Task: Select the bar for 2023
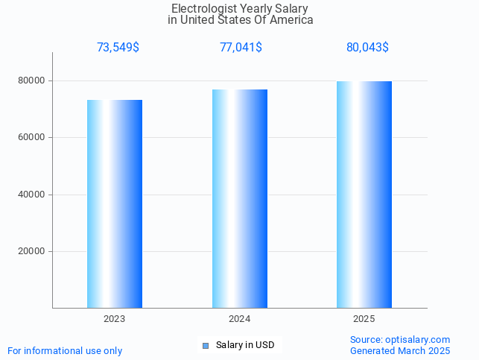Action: coord(115,203)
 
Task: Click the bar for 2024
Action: coord(240,198)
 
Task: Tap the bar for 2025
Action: coord(364,195)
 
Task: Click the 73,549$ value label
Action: coord(118,48)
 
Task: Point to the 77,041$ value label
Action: coord(241,48)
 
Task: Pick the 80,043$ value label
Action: coord(367,48)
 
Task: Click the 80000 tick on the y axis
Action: coord(32,80)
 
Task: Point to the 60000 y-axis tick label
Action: coord(32,137)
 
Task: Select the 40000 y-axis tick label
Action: coord(32,195)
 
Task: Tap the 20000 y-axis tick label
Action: coord(32,251)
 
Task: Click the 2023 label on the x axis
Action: coord(115,319)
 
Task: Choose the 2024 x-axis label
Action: coord(240,319)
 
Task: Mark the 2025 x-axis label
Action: coord(364,319)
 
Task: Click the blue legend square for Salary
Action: coord(206,345)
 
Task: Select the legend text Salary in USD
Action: coord(245,345)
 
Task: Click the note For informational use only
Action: coord(65,350)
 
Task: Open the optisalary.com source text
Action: coord(400,340)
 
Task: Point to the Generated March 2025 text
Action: coord(400,350)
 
